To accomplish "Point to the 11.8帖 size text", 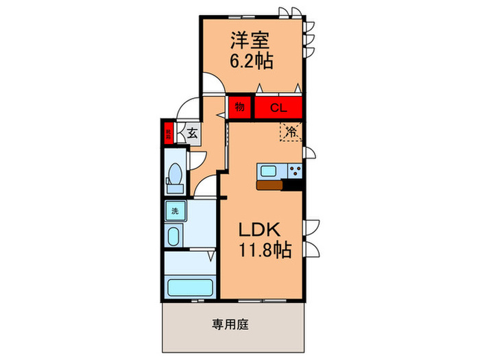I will click(265, 250).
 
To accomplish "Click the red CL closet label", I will click(278, 107).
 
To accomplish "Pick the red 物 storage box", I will click(240, 107).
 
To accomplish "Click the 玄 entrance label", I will click(192, 134).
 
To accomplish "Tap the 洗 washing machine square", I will click(174, 211).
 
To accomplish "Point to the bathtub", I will click(189, 285).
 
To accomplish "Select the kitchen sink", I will click(267, 171).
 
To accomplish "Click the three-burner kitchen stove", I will click(295, 171).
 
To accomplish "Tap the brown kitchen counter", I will click(269, 184).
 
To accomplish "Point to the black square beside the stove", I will click(295, 183).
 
